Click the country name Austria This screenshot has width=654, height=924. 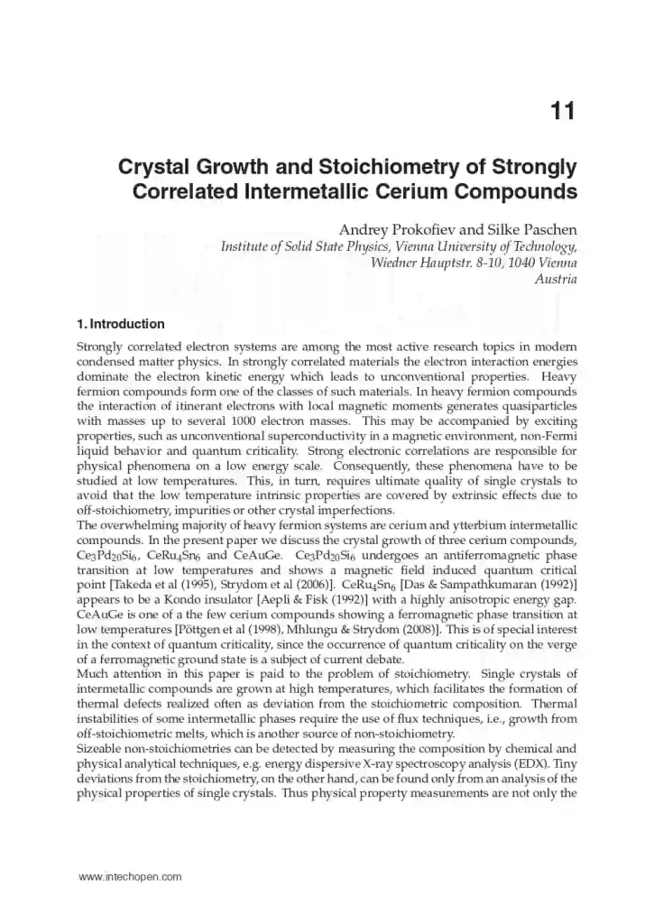[x=557, y=279]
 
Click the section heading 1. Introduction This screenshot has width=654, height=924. [x=120, y=324]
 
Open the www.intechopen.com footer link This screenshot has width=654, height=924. [x=131, y=876]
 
